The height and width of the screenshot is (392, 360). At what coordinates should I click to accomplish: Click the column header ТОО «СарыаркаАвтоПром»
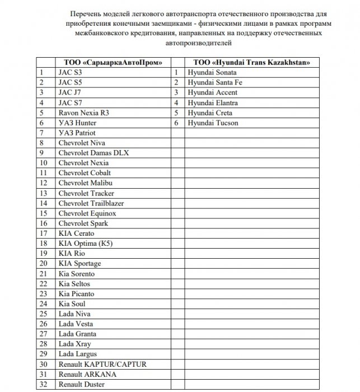tap(110, 62)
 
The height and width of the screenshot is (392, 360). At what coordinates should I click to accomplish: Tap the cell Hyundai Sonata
tap(213, 72)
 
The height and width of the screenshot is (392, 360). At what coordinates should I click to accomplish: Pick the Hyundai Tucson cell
tap(213, 123)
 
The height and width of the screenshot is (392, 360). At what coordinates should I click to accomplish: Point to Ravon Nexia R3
tap(84, 113)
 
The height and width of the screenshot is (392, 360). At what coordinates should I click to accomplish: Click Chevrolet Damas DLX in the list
tap(89, 153)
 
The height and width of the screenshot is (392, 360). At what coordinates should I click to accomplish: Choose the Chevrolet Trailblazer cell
tap(91, 203)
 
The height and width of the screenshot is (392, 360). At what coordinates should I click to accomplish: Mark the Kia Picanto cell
tap(76, 294)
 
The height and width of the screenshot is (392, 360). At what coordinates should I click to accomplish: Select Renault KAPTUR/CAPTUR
tap(102, 364)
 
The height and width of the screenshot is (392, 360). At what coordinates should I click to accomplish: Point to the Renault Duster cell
tap(81, 385)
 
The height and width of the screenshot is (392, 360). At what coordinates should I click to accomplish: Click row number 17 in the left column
tap(44, 234)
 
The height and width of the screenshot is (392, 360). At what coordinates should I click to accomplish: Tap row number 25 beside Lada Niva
tap(44, 314)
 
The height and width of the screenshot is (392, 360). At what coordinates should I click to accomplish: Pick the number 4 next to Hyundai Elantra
tap(176, 102)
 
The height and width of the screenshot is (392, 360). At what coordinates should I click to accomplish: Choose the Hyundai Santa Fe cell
tap(216, 82)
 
